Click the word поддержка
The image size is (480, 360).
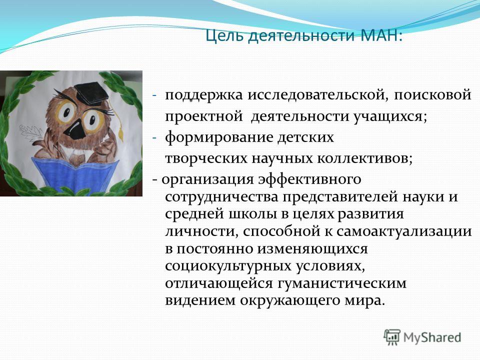[204, 95]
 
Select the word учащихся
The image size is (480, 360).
[389, 116]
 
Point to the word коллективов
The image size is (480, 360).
[364, 158]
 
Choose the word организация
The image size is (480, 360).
[207, 179]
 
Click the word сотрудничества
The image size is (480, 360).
[222, 197]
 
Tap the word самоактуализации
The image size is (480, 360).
[404, 231]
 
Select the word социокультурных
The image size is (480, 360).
[228, 265]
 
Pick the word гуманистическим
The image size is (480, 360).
[342, 283]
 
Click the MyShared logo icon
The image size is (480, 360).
[392, 337]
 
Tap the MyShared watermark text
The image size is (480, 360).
[432, 337]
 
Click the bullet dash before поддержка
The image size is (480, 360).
[154, 95]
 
